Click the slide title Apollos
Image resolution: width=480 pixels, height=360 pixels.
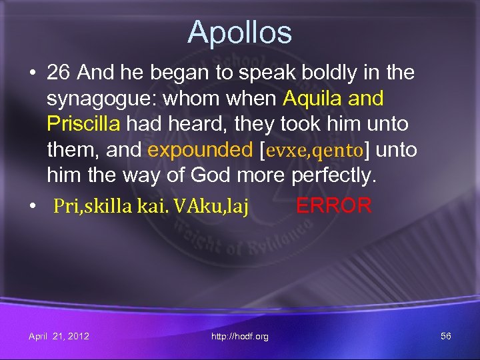(239, 32)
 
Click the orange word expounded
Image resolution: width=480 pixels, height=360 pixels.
(199, 150)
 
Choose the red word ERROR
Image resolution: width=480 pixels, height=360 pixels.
(333, 205)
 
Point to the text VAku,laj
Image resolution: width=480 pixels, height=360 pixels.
(213, 207)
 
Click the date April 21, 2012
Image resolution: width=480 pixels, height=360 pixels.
(59, 336)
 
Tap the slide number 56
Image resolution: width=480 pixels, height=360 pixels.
(445, 336)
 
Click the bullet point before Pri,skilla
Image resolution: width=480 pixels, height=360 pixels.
(33, 207)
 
